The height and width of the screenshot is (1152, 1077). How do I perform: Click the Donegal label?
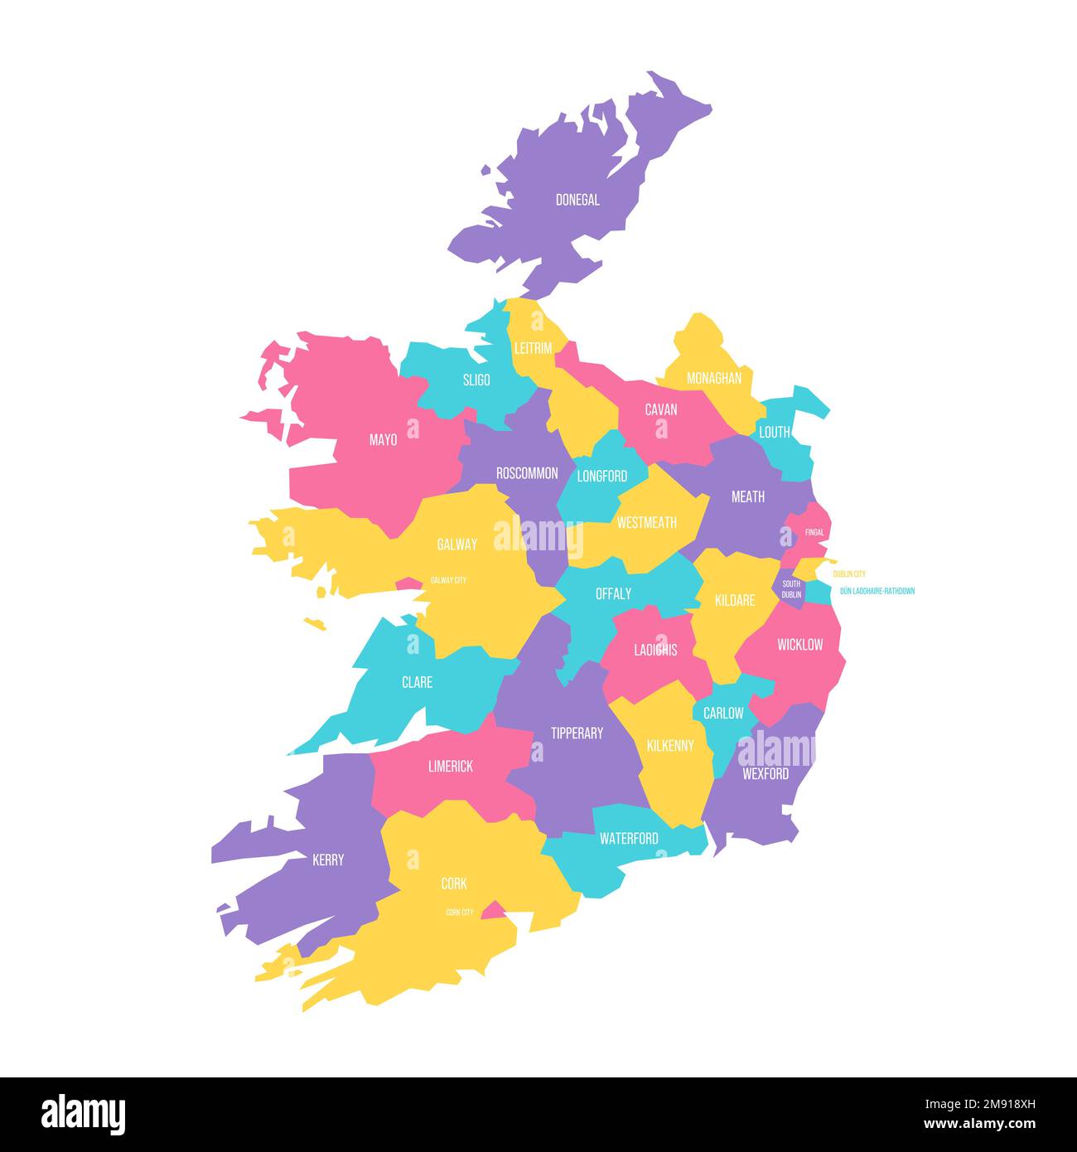[577, 200]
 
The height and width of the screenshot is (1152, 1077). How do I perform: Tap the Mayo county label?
[383, 440]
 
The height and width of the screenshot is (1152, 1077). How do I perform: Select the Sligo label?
[476, 380]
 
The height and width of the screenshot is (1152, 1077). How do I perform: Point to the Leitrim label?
[533, 348]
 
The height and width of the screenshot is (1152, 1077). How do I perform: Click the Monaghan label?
[714, 378]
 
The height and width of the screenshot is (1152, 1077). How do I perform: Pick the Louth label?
[775, 432]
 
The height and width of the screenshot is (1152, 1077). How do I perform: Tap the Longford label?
[602, 476]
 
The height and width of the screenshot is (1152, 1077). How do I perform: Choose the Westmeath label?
[646, 522]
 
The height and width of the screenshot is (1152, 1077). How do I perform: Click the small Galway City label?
[447, 580]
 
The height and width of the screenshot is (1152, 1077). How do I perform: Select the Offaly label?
[613, 593]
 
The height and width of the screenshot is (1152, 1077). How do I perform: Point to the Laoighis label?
[655, 650]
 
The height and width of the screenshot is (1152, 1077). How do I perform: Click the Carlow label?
[723, 713]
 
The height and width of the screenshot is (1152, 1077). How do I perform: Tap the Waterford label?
[629, 838]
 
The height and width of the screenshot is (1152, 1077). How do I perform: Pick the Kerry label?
[328, 859]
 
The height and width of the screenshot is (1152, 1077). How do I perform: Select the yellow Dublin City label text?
[849, 574]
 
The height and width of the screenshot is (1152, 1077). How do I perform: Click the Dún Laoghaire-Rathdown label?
[877, 591]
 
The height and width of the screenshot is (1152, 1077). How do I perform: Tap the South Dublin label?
[791, 589]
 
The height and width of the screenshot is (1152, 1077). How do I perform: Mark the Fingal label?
[814, 532]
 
